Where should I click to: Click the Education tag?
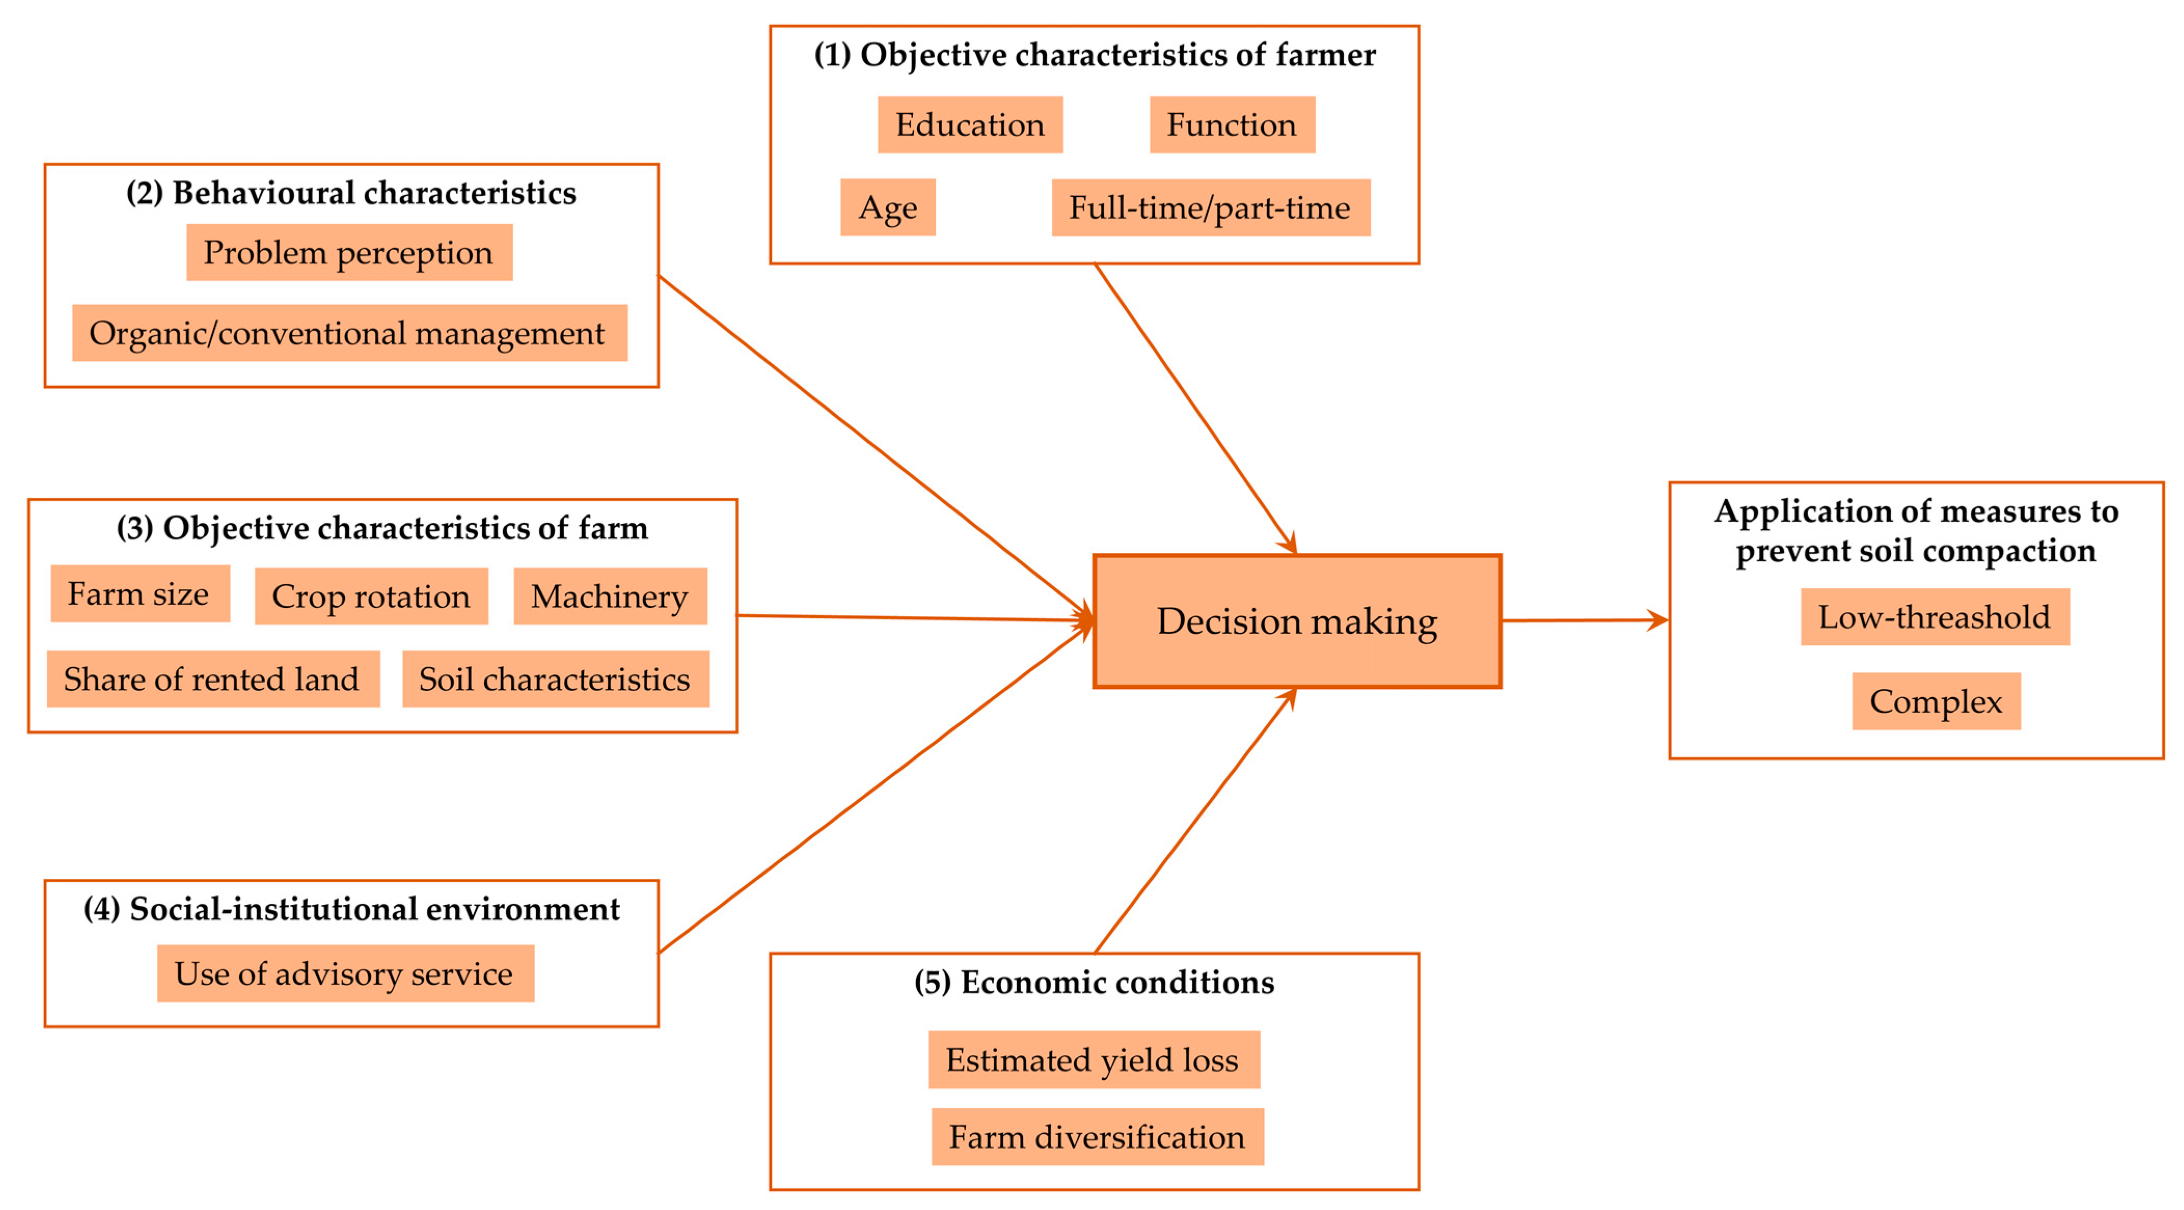click(x=970, y=125)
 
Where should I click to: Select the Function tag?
click(x=1232, y=125)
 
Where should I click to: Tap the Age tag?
click(x=888, y=207)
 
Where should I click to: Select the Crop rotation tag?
click(x=371, y=596)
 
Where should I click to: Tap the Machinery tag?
click(x=610, y=596)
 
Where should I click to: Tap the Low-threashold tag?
click(x=1935, y=617)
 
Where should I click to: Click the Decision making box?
click(x=1296, y=621)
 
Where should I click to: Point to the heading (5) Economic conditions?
click(x=1094, y=982)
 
